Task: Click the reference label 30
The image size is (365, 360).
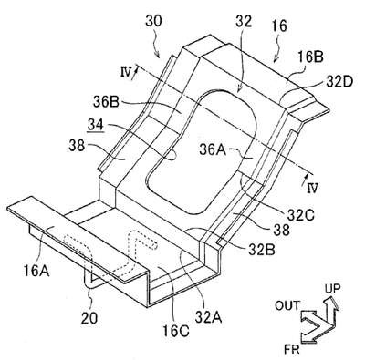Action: pos(153,21)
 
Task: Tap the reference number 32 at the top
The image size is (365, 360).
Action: pos(244,22)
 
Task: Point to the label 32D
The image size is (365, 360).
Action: pos(339,81)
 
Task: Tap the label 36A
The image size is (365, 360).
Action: pos(213,149)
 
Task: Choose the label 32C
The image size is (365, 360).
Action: pos(300,215)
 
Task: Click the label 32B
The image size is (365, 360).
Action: pos(262,250)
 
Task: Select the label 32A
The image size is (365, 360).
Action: pos(208,318)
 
